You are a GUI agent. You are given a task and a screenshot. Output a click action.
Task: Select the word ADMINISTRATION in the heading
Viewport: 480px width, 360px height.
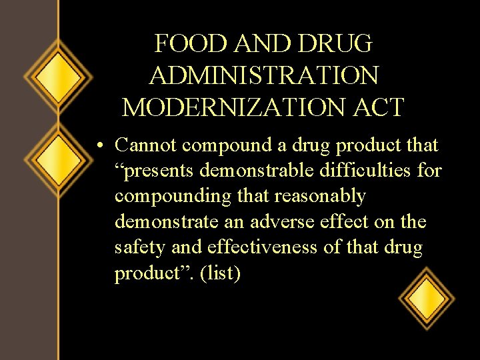coord(264,75)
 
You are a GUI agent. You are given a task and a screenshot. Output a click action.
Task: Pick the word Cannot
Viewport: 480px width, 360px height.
coord(145,145)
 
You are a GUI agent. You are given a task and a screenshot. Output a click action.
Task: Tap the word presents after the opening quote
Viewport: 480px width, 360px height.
coord(159,171)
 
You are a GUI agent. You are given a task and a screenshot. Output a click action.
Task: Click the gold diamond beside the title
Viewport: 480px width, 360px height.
coord(59,77)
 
